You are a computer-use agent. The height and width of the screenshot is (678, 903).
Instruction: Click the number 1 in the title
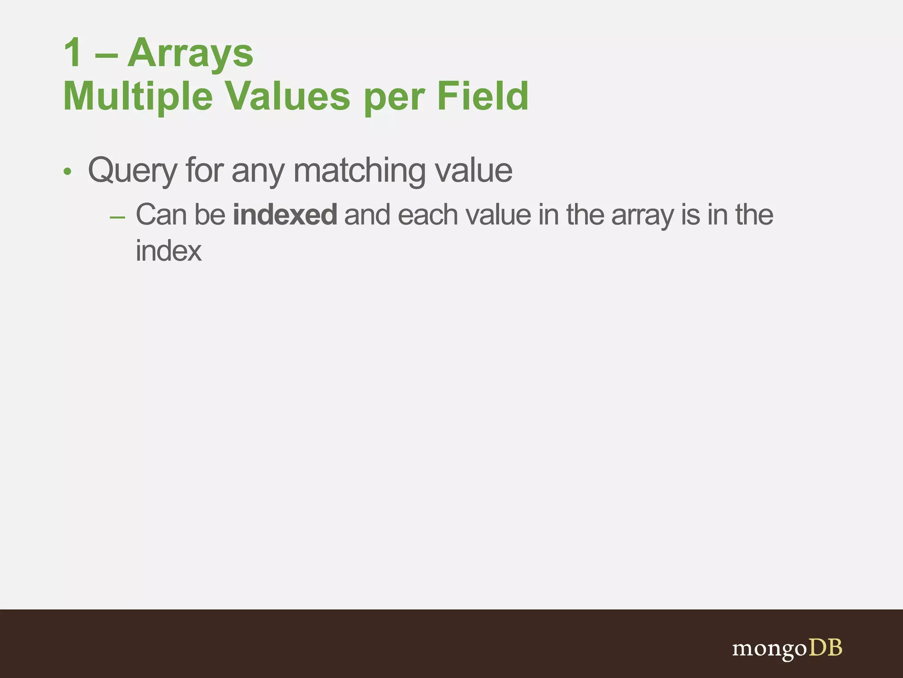pyautogui.click(x=73, y=53)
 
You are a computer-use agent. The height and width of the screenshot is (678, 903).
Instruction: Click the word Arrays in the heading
pyautogui.click(x=190, y=53)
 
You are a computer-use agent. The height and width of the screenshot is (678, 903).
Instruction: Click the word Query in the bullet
pyautogui.click(x=132, y=171)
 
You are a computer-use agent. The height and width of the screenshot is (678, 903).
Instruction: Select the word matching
pyautogui.click(x=359, y=171)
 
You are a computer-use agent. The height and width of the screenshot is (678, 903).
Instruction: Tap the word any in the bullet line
pyautogui.click(x=258, y=172)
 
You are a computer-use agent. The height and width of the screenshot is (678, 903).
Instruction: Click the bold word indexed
pyautogui.click(x=285, y=215)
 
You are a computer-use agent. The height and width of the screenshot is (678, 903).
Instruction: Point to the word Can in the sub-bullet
pyautogui.click(x=161, y=215)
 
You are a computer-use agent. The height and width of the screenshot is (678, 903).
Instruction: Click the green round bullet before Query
pyautogui.click(x=67, y=171)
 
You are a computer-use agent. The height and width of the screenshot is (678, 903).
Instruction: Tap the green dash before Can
pyautogui.click(x=117, y=217)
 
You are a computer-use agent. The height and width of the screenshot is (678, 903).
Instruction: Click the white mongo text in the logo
pyautogui.click(x=769, y=649)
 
